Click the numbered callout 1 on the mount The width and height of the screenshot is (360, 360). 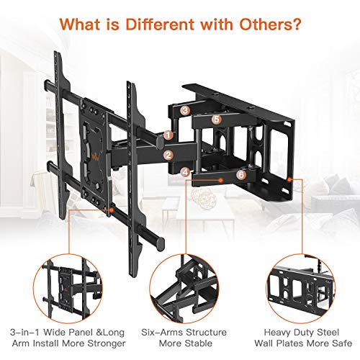pyautogui.click(x=168, y=134)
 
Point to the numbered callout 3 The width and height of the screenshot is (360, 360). pyautogui.click(x=185, y=110)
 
